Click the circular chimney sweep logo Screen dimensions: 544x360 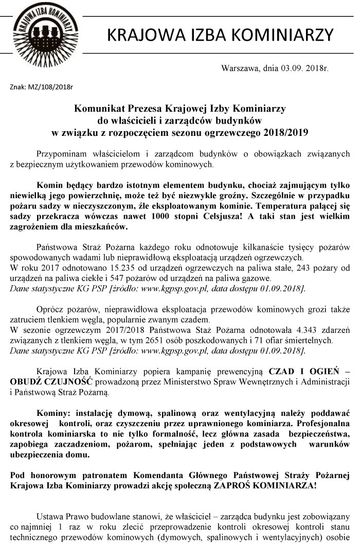click(45, 34)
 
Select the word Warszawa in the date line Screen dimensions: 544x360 click(240, 68)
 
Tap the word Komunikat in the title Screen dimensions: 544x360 click(99, 109)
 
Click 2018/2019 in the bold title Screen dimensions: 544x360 click(285, 133)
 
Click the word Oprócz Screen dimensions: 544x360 click(51, 310)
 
